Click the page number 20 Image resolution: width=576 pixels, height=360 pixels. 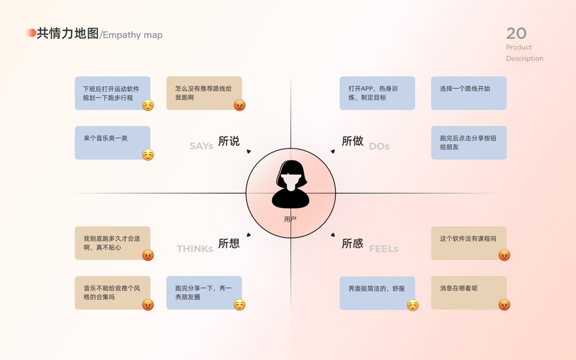tap(516, 33)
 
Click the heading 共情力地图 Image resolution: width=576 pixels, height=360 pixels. tap(67, 34)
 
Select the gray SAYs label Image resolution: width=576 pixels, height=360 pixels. tap(202, 146)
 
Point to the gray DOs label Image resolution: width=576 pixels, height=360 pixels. tap(379, 146)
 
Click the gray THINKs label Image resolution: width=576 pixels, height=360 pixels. tap(194, 248)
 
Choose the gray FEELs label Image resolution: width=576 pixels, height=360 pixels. tap(383, 248)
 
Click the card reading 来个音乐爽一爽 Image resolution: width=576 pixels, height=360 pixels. tap(112, 142)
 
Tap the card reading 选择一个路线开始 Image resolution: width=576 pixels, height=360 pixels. tap(469, 92)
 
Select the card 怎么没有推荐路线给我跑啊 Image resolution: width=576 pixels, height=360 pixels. tap(203, 92)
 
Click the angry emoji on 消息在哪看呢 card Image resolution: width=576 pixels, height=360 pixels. tap(504, 304)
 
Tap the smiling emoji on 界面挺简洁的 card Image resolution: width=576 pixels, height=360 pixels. tap(412, 305)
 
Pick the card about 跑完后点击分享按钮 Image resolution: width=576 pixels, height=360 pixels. tap(469, 142)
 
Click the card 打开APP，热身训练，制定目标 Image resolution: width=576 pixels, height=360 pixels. tap(377, 92)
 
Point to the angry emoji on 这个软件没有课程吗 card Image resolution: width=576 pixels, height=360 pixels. tap(504, 255)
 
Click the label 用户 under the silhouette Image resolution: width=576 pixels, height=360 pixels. tap(290, 219)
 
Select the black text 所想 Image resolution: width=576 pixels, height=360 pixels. tap(229, 243)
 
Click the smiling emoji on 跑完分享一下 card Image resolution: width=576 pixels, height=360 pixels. tap(239, 305)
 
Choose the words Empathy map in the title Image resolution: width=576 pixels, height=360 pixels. tap(133, 35)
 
